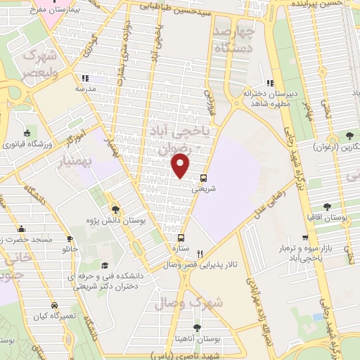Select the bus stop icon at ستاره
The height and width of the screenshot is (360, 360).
click(182, 238)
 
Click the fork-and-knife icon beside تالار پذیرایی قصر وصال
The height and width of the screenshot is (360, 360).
click(200, 254)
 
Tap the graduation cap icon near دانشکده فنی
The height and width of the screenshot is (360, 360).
click(105, 266)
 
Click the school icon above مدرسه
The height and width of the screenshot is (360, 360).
click(86, 78)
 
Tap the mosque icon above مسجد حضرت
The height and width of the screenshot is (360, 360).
click(22, 229)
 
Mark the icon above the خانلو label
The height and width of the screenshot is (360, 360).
click(69, 238)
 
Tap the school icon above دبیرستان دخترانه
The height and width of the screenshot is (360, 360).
click(270, 83)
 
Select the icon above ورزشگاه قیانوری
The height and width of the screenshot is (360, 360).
click(27, 134)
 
